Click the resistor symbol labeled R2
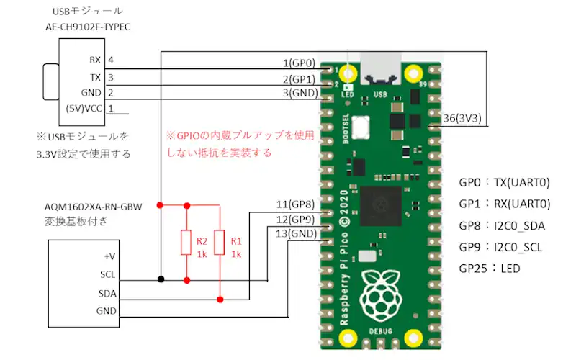tap(186, 243)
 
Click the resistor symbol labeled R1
tap(220, 243)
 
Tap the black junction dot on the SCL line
tap(161, 279)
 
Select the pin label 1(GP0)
tap(299, 63)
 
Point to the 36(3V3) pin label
tap(462, 118)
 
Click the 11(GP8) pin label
tap(295, 204)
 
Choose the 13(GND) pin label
tap(296, 233)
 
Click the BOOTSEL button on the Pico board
tap(361, 127)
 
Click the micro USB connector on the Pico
tap(380, 69)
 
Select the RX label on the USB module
tap(95, 60)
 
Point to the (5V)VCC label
tap(84, 109)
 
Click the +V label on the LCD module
tap(109, 256)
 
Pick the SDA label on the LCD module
tap(107, 294)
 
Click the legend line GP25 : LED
tap(490, 269)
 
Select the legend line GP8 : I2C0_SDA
tap(502, 225)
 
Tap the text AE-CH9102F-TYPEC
tap(88, 27)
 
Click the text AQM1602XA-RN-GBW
tap(94, 207)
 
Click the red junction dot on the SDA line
tap(220, 300)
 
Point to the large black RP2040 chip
tap(381, 206)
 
